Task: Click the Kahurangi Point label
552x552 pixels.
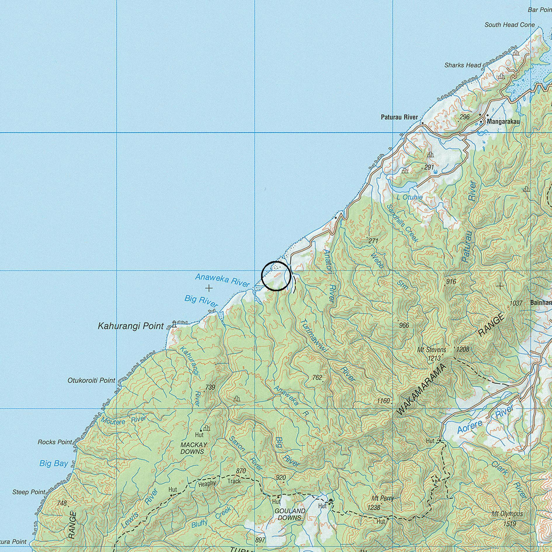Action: pyautogui.click(x=131, y=326)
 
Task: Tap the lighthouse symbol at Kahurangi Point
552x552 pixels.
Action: pyautogui.click(x=174, y=324)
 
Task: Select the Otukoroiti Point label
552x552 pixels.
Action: pyautogui.click(x=91, y=380)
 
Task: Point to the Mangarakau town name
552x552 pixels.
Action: pyautogui.click(x=502, y=122)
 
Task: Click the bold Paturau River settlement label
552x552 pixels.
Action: pyautogui.click(x=399, y=117)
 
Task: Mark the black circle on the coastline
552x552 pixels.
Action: pyautogui.click(x=276, y=276)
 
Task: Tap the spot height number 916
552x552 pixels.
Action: pyautogui.click(x=451, y=282)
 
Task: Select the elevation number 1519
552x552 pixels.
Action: pyautogui.click(x=510, y=524)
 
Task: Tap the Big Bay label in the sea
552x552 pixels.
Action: pyautogui.click(x=54, y=463)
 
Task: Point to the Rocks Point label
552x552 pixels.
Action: pyautogui.click(x=55, y=442)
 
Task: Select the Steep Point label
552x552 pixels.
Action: pyautogui.click(x=29, y=492)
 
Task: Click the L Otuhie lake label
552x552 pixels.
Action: pyautogui.click(x=409, y=197)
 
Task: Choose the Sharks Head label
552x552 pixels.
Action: pyautogui.click(x=463, y=65)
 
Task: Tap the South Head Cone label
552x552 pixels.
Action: pyautogui.click(x=510, y=25)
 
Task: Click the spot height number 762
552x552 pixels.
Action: pyautogui.click(x=317, y=378)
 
